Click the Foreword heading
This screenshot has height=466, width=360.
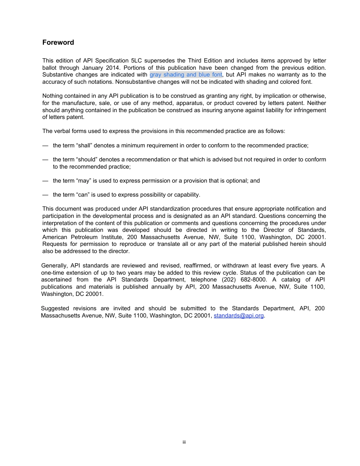click(58, 42)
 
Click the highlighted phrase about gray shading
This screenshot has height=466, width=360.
click(186, 75)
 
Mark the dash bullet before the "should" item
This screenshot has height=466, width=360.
click(45, 160)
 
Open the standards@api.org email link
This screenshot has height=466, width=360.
click(238, 316)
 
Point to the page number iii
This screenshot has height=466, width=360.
click(184, 442)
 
